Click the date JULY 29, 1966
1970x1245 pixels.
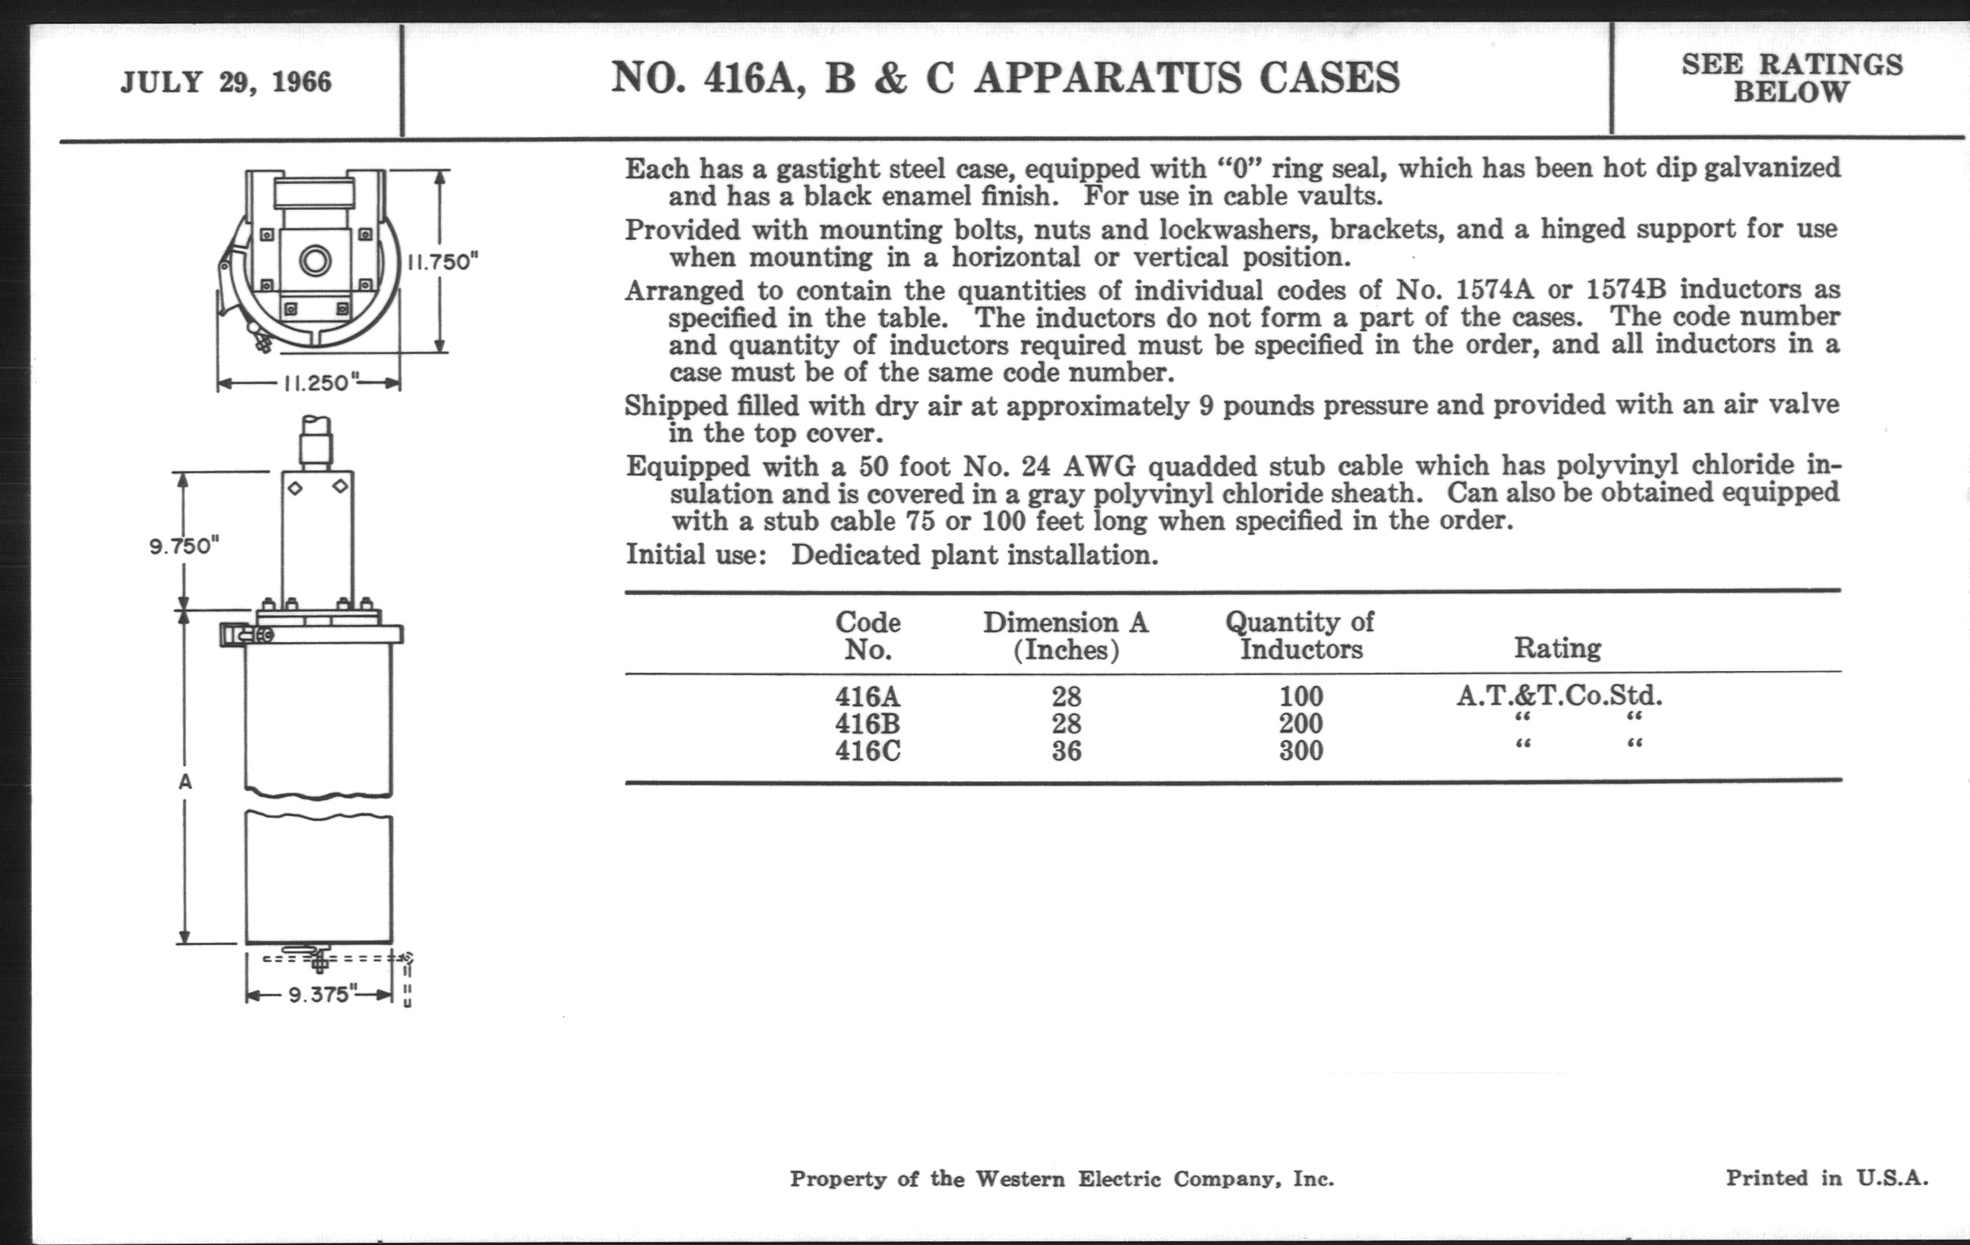pyautogui.click(x=226, y=83)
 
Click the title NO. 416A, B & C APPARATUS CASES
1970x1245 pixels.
pyautogui.click(x=1005, y=79)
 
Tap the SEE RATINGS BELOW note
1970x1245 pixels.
pyautogui.click(x=1792, y=78)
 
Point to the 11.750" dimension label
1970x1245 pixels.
pyautogui.click(x=443, y=262)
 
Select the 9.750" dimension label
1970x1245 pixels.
pyautogui.click(x=185, y=545)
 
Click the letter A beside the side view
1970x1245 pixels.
pyautogui.click(x=186, y=782)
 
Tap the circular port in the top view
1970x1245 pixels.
pyautogui.click(x=315, y=262)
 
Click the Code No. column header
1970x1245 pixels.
pyautogui.click(x=867, y=635)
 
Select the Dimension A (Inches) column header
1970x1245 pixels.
pyautogui.click(x=1065, y=635)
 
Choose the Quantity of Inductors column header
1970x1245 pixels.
pyautogui.click(x=1300, y=635)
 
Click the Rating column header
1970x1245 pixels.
pyautogui.click(x=1557, y=648)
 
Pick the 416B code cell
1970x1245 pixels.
pyautogui.click(x=867, y=723)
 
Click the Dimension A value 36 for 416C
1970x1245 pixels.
pyautogui.click(x=1066, y=750)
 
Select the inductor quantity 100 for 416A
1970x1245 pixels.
pyautogui.click(x=1301, y=696)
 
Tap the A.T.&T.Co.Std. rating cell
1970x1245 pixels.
pyautogui.click(x=1558, y=695)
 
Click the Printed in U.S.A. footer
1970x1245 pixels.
pyautogui.click(x=1826, y=1178)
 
